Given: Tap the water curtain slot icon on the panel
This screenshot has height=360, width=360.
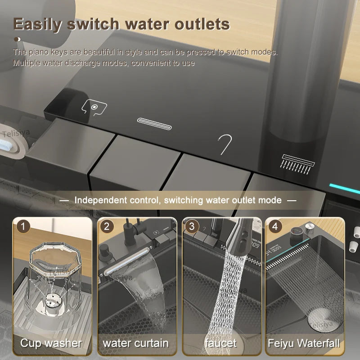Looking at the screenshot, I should [154, 124].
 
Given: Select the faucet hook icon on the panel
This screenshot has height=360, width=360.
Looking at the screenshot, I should [225, 144].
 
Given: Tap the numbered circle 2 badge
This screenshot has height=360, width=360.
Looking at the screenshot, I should [106, 225].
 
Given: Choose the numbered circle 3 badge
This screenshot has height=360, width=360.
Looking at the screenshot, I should [191, 225].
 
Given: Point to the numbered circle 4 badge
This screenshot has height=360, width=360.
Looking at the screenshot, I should [274, 225].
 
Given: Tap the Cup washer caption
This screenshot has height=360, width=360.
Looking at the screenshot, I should [51, 343].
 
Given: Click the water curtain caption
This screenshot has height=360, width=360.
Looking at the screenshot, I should [135, 343].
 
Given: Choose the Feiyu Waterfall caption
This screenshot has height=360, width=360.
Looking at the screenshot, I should [304, 343].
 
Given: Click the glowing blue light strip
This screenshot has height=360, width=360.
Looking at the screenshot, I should [345, 189].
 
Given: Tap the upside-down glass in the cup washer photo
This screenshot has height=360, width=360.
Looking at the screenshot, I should [52, 274].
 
